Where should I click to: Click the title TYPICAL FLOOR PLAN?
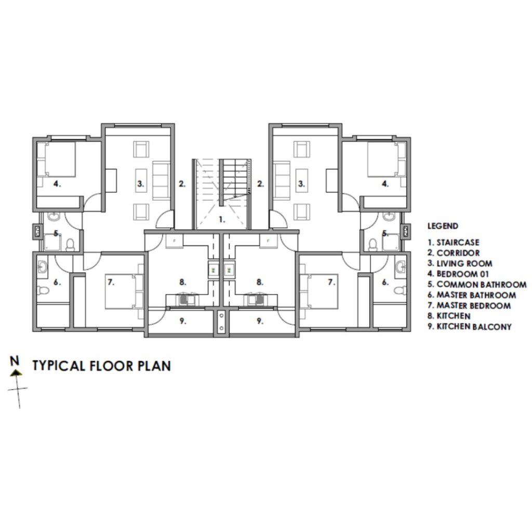101,366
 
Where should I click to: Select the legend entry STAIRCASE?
453,243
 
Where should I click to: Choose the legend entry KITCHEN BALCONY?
469,327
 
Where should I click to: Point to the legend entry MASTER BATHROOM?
472,295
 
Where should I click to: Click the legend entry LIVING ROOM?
460,263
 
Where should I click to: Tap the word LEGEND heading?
443,226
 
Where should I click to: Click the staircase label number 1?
222,220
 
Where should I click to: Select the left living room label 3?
140,184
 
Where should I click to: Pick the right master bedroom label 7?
331,282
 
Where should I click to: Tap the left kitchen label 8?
182,282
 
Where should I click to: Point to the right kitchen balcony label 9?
260,321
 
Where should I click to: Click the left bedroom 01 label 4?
57,184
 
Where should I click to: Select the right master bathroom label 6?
385,282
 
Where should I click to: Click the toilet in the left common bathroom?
70,244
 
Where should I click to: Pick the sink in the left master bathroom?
43,267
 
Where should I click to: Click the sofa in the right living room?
282,180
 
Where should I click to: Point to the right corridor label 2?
260,184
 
